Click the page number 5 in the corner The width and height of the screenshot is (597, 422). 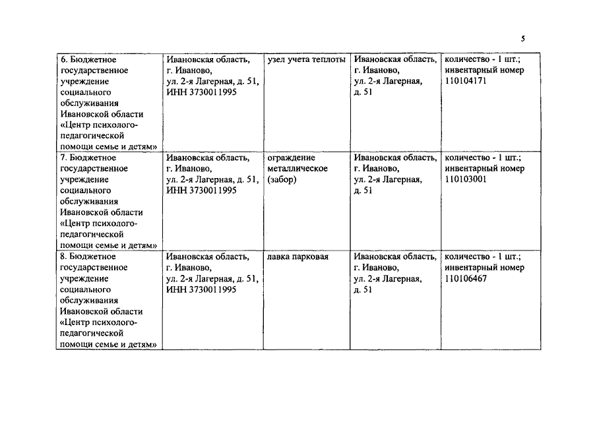click(523, 38)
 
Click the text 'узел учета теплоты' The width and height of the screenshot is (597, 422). click(306, 59)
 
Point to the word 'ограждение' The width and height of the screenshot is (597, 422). click(292, 158)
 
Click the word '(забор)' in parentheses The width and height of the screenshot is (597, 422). click(282, 179)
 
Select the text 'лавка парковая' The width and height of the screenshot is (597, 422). click(298, 256)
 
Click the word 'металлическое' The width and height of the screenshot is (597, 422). click(298, 169)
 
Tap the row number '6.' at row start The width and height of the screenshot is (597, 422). click(64, 59)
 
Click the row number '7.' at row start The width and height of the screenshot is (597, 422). click(64, 158)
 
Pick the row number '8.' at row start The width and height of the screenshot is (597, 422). click(64, 256)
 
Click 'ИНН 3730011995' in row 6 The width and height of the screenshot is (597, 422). click(201, 92)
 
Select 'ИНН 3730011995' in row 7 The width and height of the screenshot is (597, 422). click(201, 191)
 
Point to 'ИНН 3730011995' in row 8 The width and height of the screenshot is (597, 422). click(201, 289)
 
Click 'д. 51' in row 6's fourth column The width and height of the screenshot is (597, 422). click(363, 92)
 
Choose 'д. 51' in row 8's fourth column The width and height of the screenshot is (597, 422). click(363, 289)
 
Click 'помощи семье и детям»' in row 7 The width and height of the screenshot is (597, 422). click(108, 245)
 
